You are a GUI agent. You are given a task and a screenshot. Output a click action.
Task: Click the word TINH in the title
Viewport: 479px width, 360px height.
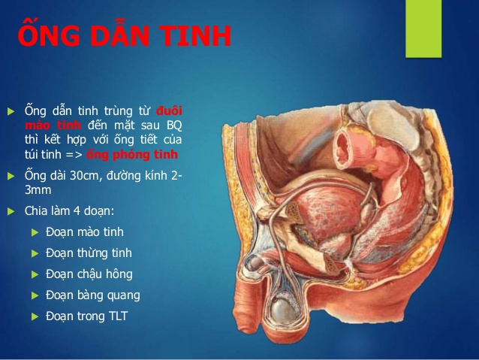click(x=193, y=37)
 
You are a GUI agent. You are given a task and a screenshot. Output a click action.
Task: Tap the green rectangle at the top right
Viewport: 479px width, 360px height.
click(x=423, y=28)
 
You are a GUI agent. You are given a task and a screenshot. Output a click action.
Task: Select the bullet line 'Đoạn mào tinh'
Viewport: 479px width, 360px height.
click(x=85, y=232)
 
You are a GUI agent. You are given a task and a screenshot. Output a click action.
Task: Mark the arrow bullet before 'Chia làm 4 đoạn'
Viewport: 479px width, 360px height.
click(x=11, y=211)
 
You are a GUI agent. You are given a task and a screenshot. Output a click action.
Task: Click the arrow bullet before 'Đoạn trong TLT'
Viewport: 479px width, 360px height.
click(x=35, y=316)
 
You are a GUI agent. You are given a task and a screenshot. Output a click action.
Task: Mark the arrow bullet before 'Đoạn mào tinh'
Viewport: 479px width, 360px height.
click(x=35, y=232)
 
